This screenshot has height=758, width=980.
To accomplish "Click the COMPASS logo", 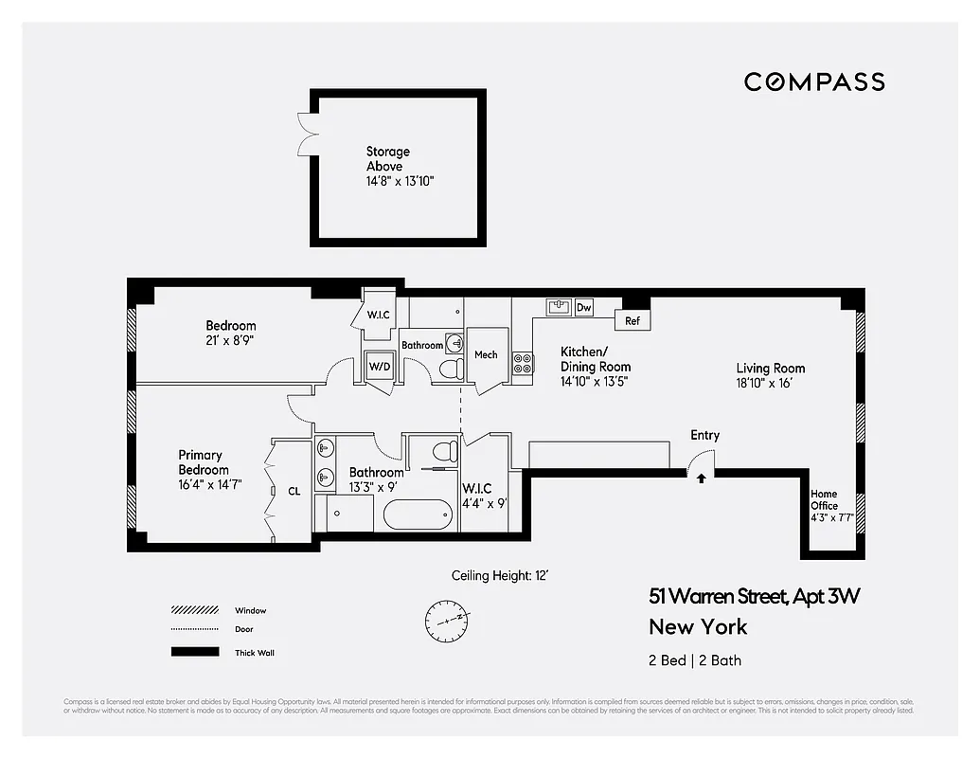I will click(814, 81).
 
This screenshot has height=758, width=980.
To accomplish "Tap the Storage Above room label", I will click(388, 158).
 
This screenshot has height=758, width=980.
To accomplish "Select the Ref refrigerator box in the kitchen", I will click(632, 321).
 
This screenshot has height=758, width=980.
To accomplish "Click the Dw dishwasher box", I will click(584, 307).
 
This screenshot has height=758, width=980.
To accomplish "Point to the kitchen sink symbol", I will click(558, 307).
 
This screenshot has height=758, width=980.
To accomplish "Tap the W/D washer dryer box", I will click(379, 366).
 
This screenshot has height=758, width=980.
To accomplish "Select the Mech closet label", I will click(486, 355).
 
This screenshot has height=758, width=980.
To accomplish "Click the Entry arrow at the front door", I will click(701, 478).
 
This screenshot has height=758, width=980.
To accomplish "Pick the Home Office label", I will click(824, 499).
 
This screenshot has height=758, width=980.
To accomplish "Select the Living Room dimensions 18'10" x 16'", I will click(771, 383).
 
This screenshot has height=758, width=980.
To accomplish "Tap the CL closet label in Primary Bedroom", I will click(294, 492).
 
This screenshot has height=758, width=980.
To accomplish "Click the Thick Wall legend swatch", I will click(194, 652).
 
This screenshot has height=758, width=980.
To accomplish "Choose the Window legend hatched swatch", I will click(194, 610).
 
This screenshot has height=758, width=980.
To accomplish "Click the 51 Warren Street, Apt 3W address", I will click(754, 596).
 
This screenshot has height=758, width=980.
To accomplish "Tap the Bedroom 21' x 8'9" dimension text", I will click(230, 339).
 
